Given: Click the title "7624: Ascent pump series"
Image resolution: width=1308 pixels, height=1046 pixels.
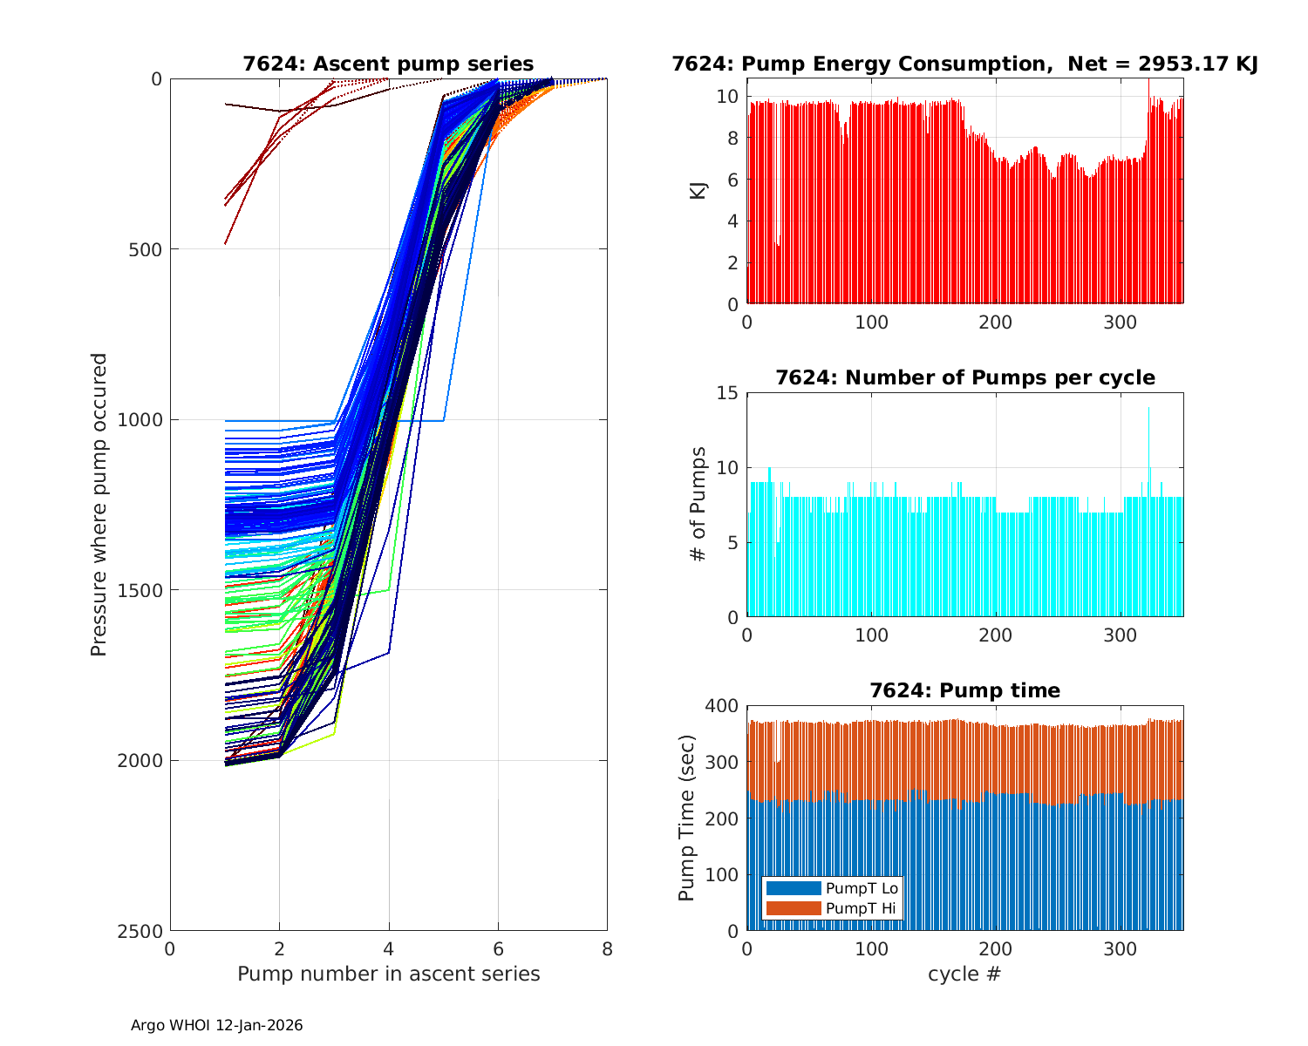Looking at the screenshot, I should click(x=388, y=65).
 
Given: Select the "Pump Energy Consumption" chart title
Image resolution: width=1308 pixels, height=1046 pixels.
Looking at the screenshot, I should click(x=964, y=65).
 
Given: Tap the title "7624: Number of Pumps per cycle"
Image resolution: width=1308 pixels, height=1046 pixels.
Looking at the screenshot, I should click(x=964, y=378).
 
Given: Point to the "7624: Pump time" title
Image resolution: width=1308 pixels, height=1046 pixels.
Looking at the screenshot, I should click(x=964, y=691).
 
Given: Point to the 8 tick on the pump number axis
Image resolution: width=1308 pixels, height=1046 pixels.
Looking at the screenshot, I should click(x=607, y=949).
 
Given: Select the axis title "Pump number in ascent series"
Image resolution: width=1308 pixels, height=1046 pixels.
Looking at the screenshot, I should click(x=388, y=974).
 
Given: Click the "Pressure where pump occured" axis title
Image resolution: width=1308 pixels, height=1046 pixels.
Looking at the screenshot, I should click(x=99, y=505).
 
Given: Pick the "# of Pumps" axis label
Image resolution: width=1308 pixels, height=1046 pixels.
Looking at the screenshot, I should click(x=698, y=505).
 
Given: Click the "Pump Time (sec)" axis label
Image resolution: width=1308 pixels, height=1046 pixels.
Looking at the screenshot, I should click(x=687, y=818).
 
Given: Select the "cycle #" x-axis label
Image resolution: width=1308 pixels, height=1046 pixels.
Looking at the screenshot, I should click(x=964, y=974).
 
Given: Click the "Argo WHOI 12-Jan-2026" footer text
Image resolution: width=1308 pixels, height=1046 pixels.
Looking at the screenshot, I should click(x=217, y=1026).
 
